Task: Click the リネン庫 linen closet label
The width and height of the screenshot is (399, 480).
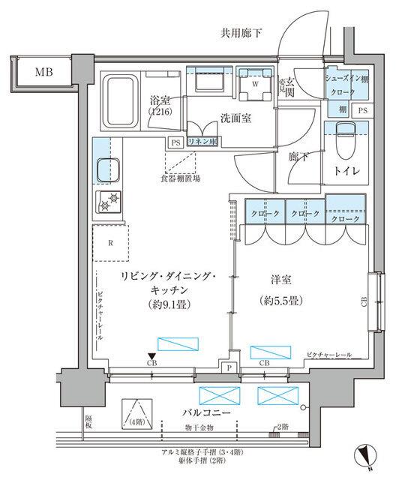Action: [x=202, y=142]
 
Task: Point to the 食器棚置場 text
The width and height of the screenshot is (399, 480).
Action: [x=180, y=178]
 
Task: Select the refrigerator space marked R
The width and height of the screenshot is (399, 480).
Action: [x=110, y=243]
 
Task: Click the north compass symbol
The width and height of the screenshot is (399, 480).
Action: [x=364, y=454]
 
